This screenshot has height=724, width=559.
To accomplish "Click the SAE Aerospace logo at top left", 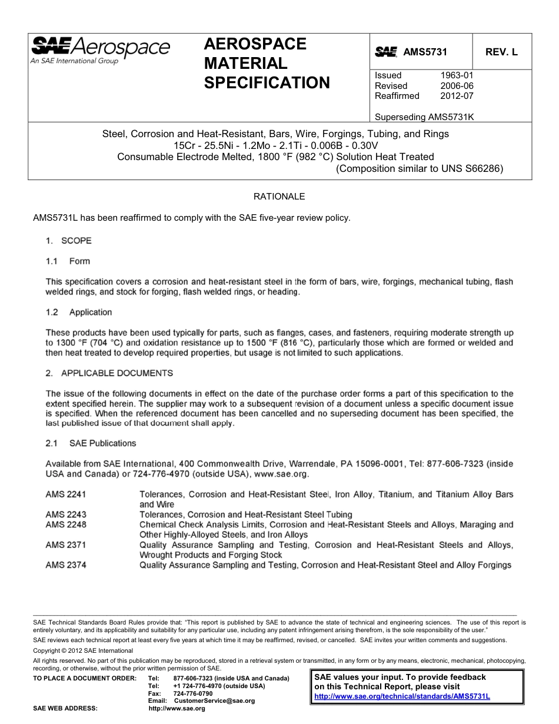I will coord(100,49).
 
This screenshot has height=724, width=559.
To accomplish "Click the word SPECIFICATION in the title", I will coord(267,83).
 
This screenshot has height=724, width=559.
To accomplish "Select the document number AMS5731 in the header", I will coord(425,52).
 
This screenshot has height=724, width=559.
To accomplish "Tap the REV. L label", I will coord(501,52).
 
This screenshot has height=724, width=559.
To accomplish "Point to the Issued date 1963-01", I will coord(457,75).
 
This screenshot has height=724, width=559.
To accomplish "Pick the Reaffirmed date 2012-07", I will coord(457,96).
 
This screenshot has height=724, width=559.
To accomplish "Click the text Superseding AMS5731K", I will coord(424,117).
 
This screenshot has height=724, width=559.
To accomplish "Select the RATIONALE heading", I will coord(279,197).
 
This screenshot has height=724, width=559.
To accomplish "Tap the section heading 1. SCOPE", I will coord(69,241).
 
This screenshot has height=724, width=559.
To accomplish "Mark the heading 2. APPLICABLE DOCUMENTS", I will coord(109,373).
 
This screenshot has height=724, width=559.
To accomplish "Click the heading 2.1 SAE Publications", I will coord(91,443).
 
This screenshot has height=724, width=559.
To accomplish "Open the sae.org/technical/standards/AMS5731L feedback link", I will coord(402,696).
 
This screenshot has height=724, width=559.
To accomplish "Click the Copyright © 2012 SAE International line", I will coord(83,650).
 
